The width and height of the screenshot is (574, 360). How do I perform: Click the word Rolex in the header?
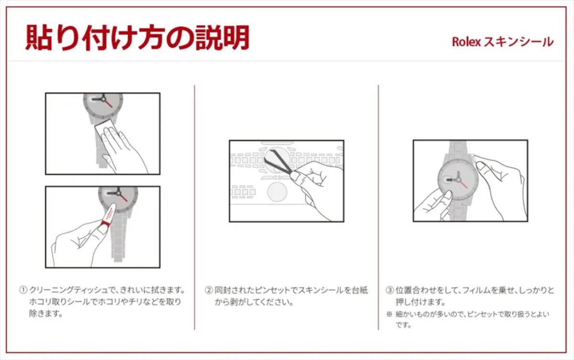point(466,42)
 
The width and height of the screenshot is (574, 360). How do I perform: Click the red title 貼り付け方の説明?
point(137,37)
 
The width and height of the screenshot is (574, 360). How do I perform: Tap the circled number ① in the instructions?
point(23,291)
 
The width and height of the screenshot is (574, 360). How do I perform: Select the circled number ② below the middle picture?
point(209,291)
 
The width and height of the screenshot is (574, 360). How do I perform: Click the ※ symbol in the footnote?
point(389,315)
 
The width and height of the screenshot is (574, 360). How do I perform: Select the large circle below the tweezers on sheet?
point(276,191)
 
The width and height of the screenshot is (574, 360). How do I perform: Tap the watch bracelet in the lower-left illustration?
point(119,239)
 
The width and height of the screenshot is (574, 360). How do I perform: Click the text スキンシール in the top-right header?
point(518,42)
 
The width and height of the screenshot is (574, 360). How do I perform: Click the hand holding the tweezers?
point(316,187)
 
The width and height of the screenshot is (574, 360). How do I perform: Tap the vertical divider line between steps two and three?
point(378,206)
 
